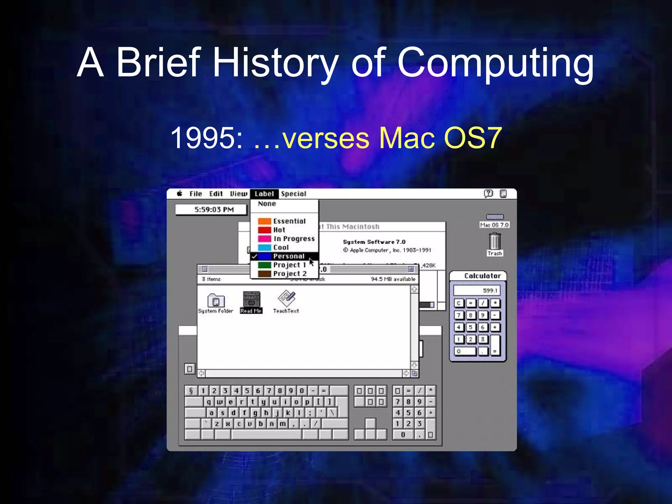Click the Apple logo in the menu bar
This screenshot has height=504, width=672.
[179, 194]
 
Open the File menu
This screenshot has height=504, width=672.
[196, 194]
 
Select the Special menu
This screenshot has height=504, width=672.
[293, 194]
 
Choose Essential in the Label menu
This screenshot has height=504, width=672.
[289, 221]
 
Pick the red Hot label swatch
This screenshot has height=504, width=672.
[264, 230]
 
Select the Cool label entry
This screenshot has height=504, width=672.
[281, 247]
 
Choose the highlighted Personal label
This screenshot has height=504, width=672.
[288, 256]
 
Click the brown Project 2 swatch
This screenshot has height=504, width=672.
[264, 274]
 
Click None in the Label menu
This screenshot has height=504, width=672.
[267, 204]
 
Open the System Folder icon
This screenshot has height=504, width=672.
[216, 300]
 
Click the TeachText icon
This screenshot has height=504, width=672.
[286, 298]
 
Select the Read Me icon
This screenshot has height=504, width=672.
[251, 300]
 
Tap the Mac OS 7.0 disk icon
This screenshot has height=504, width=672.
[494, 217]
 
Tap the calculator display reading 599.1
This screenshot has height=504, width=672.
[477, 290]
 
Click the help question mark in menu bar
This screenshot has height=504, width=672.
[488, 194]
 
